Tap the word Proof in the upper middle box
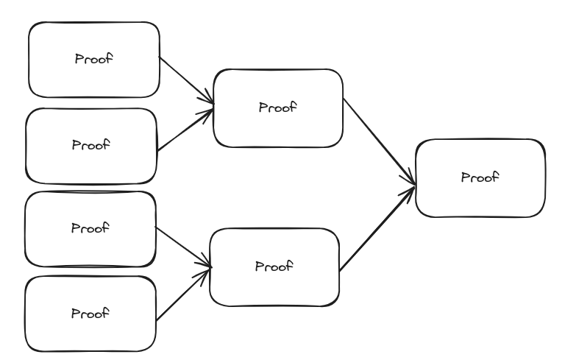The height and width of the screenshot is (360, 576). point(277,107)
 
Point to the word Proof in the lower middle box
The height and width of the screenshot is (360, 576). point(274,266)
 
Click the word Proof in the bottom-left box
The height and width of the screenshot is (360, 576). point(90,313)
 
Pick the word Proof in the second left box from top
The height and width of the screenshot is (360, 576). point(90,145)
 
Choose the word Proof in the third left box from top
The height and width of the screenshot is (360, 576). point(90,228)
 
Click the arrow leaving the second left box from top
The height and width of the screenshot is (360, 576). point(185,130)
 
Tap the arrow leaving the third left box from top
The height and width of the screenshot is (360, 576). point(182,247)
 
